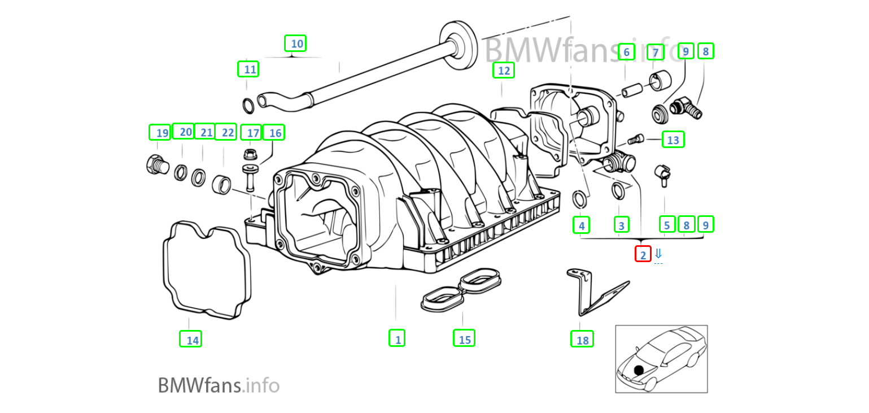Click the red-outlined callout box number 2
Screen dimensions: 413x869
pos(643,255)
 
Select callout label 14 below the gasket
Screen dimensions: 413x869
pos(190,339)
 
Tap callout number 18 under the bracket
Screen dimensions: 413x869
pos(582,339)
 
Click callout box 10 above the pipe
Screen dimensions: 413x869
pos(295,44)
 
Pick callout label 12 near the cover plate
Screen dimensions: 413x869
pos(503,71)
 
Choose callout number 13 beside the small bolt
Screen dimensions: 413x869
pos(673,140)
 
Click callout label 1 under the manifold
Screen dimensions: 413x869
pos(397,338)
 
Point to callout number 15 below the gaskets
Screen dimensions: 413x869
pos(464,338)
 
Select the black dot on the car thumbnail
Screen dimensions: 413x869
pos(639,370)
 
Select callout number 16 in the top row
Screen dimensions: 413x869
pos(274,133)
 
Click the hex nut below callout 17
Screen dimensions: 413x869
pos(250,154)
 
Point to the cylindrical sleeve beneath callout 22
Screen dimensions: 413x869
pos(221,184)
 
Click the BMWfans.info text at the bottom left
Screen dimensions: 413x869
pos(219,385)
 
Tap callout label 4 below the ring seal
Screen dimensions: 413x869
pos(581,225)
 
